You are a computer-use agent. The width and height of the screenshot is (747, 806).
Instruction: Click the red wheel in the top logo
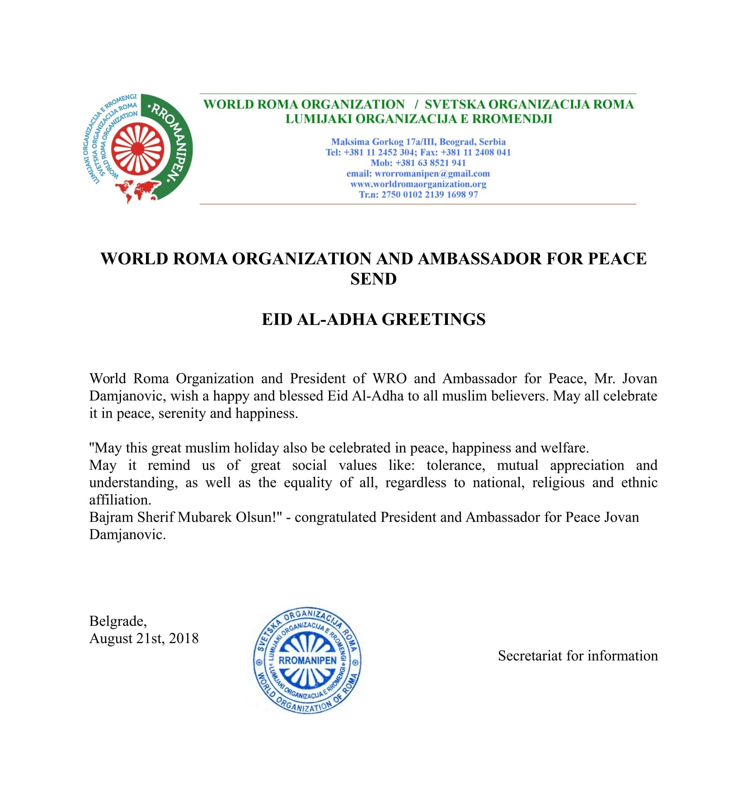(137, 149)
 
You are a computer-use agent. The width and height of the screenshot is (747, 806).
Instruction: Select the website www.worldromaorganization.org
(418, 184)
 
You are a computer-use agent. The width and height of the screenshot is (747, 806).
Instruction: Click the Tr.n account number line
(418, 194)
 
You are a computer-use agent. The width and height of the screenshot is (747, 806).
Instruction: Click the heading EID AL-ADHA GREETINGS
(373, 319)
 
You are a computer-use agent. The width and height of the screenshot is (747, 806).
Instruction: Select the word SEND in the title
(373, 279)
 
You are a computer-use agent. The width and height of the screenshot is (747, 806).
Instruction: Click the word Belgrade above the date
(117, 621)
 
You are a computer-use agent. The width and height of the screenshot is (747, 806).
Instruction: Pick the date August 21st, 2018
(144, 638)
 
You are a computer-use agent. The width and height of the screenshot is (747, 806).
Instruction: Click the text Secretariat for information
(578, 655)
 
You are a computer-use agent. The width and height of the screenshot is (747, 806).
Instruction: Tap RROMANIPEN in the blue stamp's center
(307, 660)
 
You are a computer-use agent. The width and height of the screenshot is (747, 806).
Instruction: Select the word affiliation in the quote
(120, 500)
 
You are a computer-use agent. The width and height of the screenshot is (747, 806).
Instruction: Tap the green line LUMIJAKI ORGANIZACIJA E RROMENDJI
(418, 119)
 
